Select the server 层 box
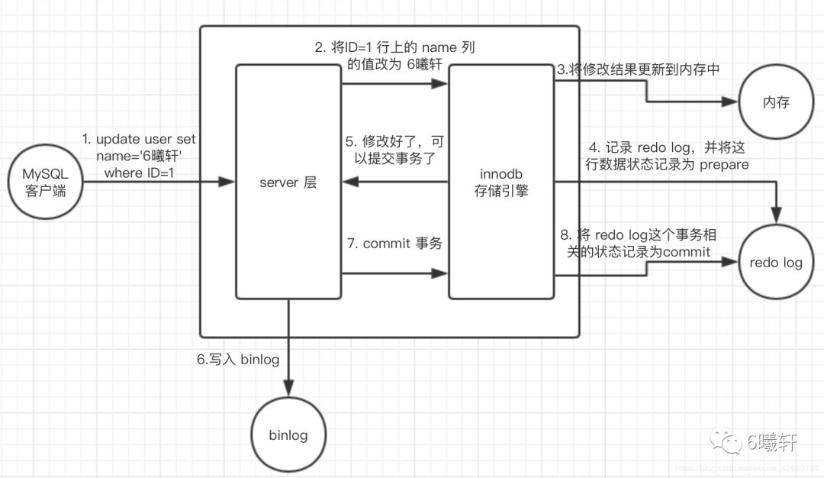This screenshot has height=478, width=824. pos(288,182)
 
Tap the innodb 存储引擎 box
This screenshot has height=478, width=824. pos(501,182)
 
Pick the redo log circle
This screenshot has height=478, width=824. pos(776,263)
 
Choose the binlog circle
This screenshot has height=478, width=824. pos(288,435)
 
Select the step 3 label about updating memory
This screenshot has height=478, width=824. pos(639,69)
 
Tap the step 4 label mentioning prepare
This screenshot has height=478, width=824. pos(665,155)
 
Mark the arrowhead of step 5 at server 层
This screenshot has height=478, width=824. pos(348,182)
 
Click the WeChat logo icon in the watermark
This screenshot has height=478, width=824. pos(726,441)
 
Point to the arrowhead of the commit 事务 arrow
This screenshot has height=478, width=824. pos(441,273)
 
